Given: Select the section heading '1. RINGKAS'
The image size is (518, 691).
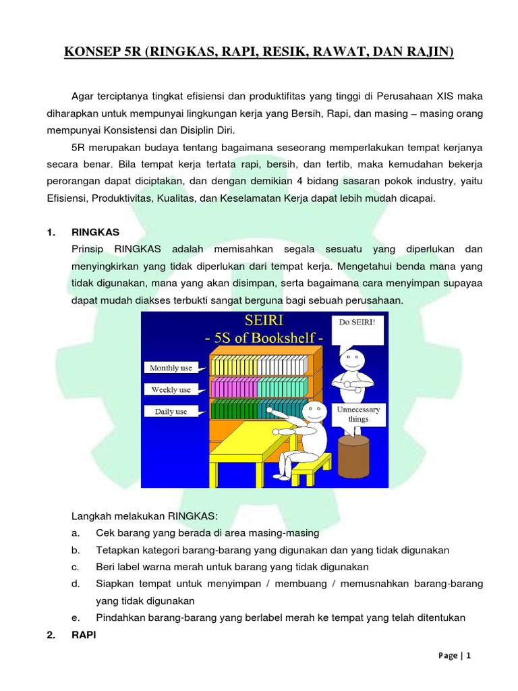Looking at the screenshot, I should (x=84, y=231).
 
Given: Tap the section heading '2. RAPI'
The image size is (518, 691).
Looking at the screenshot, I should (x=72, y=634).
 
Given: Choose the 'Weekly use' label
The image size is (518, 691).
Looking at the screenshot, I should (x=171, y=389).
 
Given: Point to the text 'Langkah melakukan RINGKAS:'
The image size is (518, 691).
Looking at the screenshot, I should (x=144, y=516).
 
